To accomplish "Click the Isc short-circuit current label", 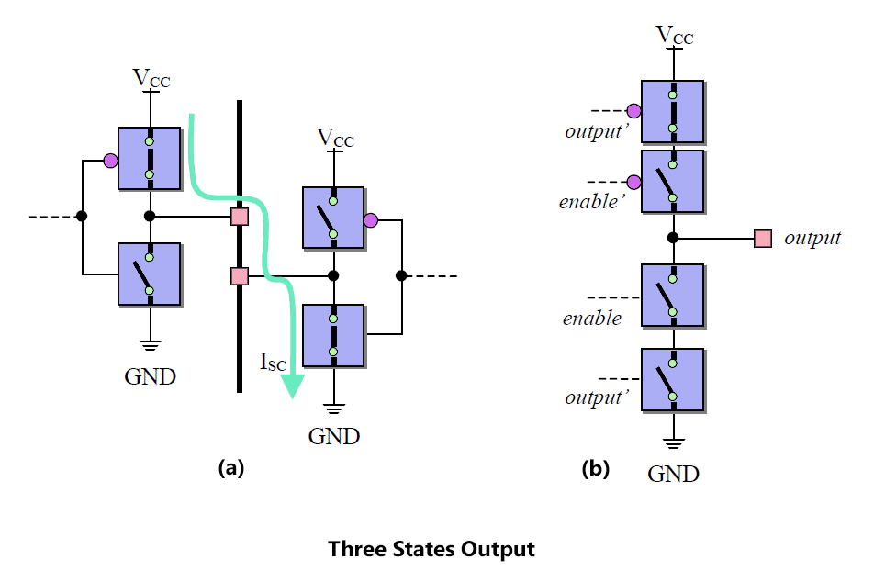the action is (x=274, y=362).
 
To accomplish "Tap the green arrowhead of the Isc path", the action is (x=292, y=386).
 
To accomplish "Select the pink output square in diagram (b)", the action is (x=763, y=239).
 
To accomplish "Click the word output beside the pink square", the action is (x=812, y=238).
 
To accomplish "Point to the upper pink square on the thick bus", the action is (x=240, y=217).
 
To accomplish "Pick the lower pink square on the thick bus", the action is (x=240, y=276).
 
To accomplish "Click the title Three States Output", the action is (x=431, y=549).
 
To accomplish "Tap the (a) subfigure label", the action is (x=231, y=467).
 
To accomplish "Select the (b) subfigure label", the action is (x=595, y=468).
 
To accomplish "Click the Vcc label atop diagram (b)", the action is (x=675, y=35).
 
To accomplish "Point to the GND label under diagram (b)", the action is (x=673, y=474).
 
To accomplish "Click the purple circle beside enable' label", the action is (x=633, y=183).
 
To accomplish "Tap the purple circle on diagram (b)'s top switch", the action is (x=633, y=111).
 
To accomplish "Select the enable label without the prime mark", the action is (x=592, y=319).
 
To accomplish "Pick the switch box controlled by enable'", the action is (x=673, y=182).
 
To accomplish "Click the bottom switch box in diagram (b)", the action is (x=673, y=380).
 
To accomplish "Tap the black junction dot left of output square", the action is (x=673, y=238).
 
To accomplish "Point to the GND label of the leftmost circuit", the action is (x=150, y=377).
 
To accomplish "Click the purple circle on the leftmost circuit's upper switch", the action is (x=110, y=162).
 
